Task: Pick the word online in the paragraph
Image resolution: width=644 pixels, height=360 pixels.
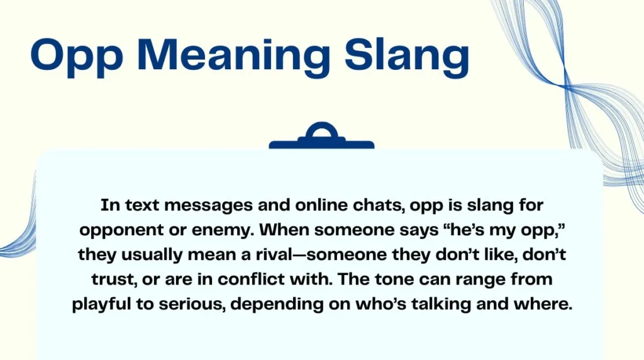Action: pos(282,206)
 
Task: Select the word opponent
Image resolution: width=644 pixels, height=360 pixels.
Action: pos(136,230)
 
